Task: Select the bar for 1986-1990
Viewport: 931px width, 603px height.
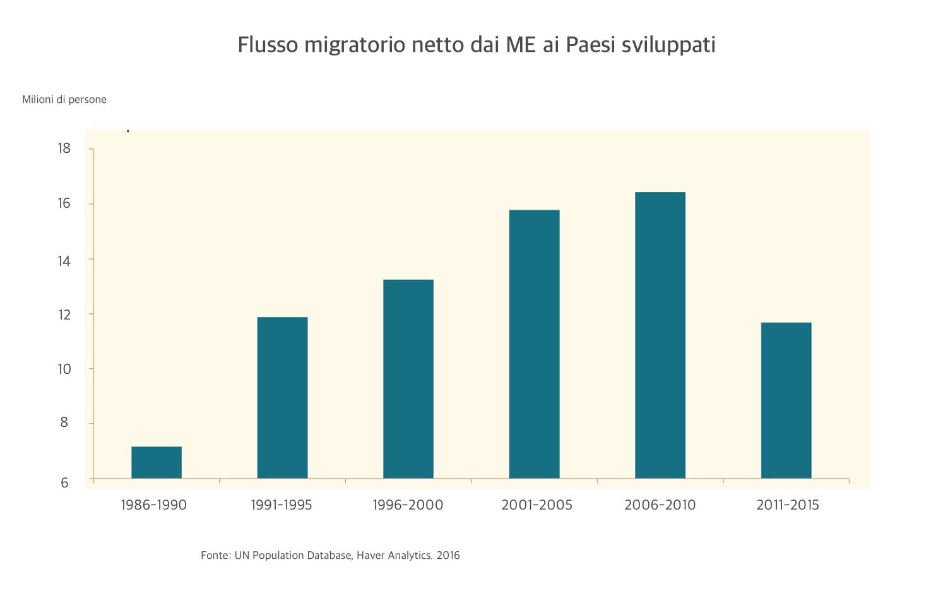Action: (157, 462)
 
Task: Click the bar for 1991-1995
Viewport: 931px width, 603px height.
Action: (282, 398)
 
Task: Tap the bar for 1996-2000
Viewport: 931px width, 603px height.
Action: (408, 379)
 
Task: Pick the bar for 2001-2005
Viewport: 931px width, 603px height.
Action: (534, 344)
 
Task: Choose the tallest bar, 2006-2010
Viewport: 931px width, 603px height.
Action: (660, 335)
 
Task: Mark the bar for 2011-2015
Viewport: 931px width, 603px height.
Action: (786, 400)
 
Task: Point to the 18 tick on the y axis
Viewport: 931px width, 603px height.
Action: (64, 148)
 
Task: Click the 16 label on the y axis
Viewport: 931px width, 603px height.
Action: (64, 203)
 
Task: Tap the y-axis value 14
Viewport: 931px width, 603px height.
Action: (64, 260)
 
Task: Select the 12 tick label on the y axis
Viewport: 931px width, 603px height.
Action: (64, 314)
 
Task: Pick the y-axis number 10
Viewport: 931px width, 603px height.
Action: (64, 369)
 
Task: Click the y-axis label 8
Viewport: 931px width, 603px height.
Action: (64, 423)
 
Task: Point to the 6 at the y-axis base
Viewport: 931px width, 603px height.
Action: (64, 482)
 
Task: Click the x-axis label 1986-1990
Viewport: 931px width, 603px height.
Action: (153, 505)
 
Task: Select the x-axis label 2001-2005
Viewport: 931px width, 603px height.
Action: (537, 505)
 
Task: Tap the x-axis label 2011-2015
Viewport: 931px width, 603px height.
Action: (787, 505)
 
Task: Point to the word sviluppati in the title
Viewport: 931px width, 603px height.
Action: (668, 45)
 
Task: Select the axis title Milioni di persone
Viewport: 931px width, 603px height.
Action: (64, 100)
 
